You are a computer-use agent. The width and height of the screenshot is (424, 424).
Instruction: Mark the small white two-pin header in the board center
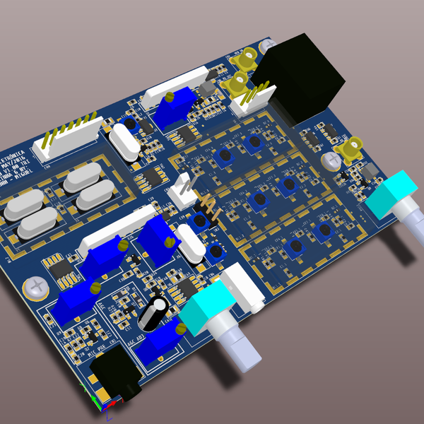coord(184,191)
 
